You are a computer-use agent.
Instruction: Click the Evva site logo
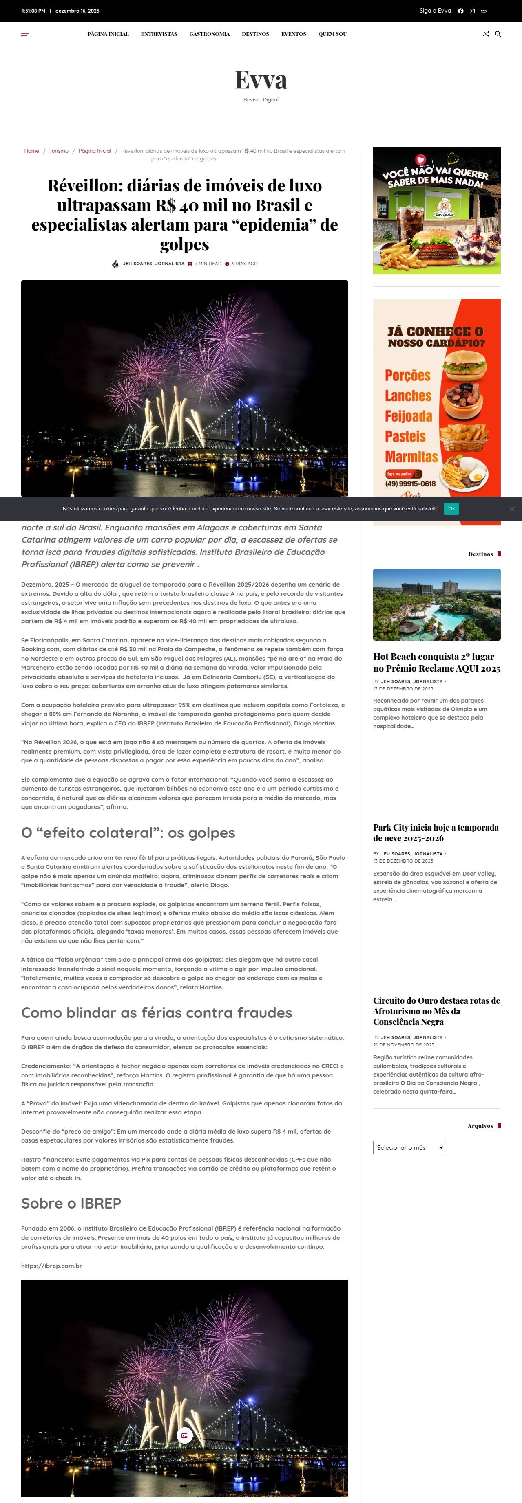coord(261,80)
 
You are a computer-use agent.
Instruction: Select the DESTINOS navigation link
coord(255,34)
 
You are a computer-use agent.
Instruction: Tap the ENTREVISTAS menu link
coord(159,34)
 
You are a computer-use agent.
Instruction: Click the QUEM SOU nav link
coord(332,34)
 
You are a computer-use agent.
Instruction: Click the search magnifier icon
coord(498,34)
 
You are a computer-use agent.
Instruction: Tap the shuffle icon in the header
coord(486,34)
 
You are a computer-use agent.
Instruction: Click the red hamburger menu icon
coord(25,35)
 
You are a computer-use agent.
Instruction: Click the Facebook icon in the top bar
coord(460,11)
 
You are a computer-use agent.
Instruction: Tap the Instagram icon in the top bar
coord(472,11)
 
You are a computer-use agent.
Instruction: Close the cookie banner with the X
coord(511,509)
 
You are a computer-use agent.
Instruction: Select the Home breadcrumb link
coord(31,151)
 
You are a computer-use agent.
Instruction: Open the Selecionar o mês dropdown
coord(409,1147)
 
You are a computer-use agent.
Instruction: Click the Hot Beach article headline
coord(436,662)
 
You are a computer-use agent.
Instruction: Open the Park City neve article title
coord(436,833)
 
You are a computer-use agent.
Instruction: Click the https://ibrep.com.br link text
coord(51,1266)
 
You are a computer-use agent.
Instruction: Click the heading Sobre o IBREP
coord(71,1203)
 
